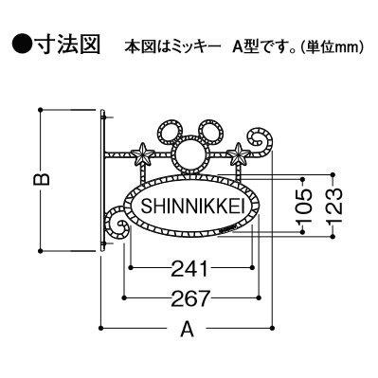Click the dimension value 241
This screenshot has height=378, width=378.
pyautogui.click(x=190, y=268)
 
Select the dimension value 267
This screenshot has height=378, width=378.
pyautogui.click(x=190, y=298)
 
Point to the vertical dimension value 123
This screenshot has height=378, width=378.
pyautogui.click(x=333, y=206)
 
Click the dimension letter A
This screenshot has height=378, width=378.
pyautogui.click(x=187, y=329)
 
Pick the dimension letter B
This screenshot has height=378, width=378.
pyautogui.click(x=42, y=179)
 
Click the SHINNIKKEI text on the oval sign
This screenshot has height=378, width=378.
pyautogui.click(x=193, y=207)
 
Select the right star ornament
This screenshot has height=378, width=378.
pyautogui.click(x=238, y=153)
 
